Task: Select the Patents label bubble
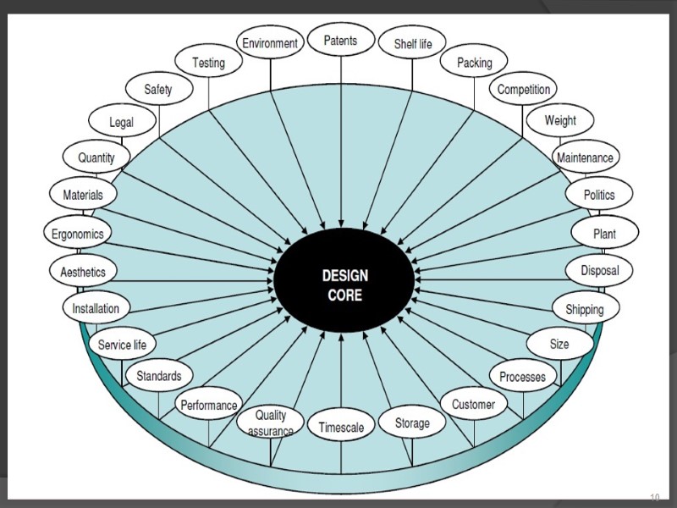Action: point(340,41)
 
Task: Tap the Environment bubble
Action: point(270,43)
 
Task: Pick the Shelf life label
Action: point(413,44)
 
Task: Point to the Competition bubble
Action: point(524,89)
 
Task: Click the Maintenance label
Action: point(585,157)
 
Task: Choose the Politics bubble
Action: point(599,195)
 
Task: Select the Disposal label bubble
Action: point(599,271)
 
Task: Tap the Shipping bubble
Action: point(585,309)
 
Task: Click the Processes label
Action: point(523,376)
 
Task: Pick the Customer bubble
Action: point(473,405)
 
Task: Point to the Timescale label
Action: point(341,428)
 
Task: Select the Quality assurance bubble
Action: point(271,422)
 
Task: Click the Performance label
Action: point(208,406)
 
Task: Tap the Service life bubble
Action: point(122,345)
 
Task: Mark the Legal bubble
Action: point(121,122)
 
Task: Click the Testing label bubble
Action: point(208,63)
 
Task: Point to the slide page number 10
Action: point(654,496)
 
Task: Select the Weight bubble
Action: point(560,120)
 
